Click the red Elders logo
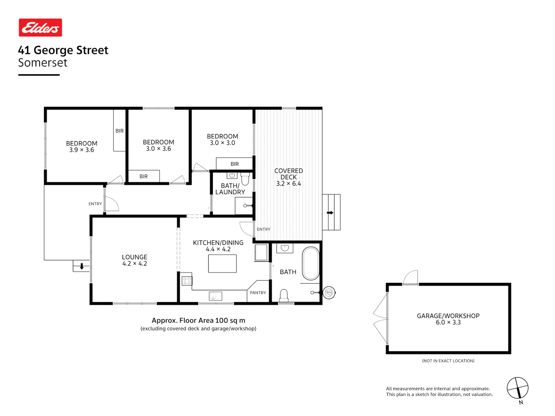point(40,27)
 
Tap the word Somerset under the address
point(43,62)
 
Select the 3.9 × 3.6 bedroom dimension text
point(82,150)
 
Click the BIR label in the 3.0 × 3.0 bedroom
point(235,164)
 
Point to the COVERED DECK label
point(289,174)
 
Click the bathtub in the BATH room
point(311,263)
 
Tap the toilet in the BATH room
point(284,295)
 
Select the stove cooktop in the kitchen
point(187,281)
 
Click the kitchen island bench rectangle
point(222,264)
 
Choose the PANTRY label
point(258,293)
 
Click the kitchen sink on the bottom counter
point(216,296)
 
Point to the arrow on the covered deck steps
point(330,213)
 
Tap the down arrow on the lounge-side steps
point(82,266)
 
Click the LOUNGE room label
point(135,257)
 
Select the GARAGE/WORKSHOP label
point(448,316)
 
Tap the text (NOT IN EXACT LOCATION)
point(448,361)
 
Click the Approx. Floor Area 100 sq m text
point(198,321)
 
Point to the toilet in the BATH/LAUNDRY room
point(245,179)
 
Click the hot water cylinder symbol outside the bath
point(329,293)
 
